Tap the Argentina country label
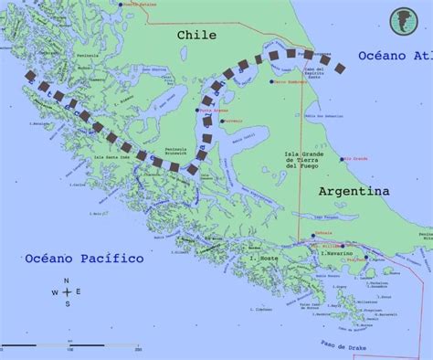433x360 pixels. pyautogui.click(x=354, y=191)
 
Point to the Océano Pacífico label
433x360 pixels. pyautogui.click(x=85, y=259)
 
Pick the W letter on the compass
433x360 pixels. pyautogui.click(x=54, y=292)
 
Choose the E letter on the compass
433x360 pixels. pyautogui.click(x=79, y=292)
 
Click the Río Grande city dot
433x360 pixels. pyautogui.click(x=344, y=160)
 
